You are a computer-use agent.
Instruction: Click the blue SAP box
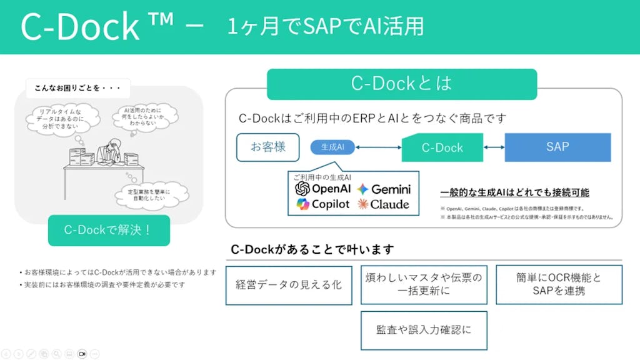[557, 147]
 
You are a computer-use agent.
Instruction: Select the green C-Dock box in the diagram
[442, 148]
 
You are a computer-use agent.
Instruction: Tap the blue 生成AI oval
[332, 147]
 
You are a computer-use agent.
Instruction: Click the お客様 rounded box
[267, 147]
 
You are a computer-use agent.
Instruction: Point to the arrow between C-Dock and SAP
[494, 147]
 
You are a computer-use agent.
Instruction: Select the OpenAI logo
[303, 189]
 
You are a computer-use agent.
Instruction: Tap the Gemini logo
[364, 189]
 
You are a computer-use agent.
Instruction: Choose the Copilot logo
[303, 204]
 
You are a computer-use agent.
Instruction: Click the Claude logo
[363, 204]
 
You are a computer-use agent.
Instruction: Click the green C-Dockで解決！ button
[109, 230]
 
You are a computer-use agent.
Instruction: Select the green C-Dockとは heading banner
[401, 84]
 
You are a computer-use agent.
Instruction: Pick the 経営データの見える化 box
[289, 285]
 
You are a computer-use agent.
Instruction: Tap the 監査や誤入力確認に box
[423, 330]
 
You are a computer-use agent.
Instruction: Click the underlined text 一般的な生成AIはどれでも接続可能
[514, 192]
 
